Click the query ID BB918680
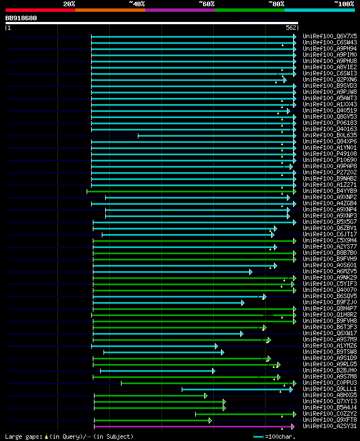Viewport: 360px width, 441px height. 21,18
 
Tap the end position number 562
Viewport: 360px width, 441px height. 291,28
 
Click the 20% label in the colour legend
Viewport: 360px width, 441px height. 69,4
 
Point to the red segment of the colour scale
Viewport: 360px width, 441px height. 40,10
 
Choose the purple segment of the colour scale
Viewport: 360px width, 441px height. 179,10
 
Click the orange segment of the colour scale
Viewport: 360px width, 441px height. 110,10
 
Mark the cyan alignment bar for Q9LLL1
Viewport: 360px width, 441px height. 236,389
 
